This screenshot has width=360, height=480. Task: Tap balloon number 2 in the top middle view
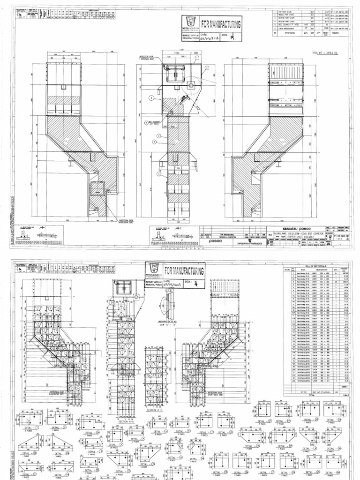click(x=152, y=98)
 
